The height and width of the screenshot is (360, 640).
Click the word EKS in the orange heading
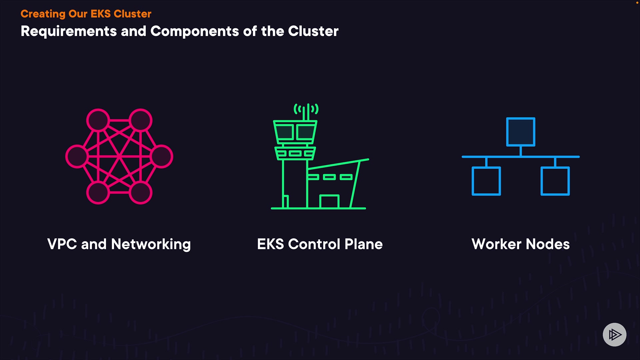(100, 14)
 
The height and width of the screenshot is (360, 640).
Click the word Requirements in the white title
(69, 32)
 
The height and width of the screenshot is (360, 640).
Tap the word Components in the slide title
(195, 32)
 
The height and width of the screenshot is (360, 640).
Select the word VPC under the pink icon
(62, 244)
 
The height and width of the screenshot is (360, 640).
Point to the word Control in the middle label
(314, 244)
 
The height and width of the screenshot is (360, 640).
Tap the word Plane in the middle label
(363, 244)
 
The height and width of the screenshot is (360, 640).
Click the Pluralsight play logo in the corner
(614, 335)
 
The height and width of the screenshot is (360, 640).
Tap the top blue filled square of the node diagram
(521, 132)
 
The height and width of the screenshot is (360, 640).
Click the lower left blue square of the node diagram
(486, 181)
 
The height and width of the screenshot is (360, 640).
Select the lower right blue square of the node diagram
(555, 181)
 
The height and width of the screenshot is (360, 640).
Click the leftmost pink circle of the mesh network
(77, 156)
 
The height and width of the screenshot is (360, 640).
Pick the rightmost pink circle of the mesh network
(162, 156)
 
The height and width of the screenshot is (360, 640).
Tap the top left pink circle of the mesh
(98, 120)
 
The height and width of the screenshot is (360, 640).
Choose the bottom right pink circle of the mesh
(141, 193)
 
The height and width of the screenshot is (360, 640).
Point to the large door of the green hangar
(329, 202)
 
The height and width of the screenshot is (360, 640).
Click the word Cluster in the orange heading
(132, 14)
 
